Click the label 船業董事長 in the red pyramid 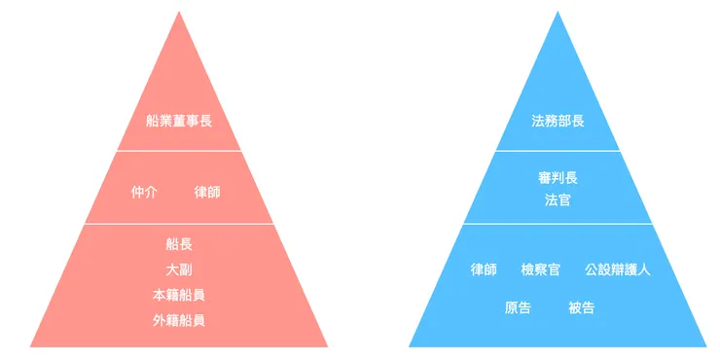179,122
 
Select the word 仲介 144,192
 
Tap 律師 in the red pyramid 207,192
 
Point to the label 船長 179,243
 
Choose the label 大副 179,269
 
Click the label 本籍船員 179,294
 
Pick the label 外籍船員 179,319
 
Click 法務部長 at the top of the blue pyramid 558,122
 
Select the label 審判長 558,178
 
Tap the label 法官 558,200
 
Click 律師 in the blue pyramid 484,270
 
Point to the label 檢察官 540,270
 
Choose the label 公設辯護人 618,270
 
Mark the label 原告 518,307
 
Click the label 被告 581,307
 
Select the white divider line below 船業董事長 179,151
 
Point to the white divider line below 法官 558,224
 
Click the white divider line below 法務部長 558,151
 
